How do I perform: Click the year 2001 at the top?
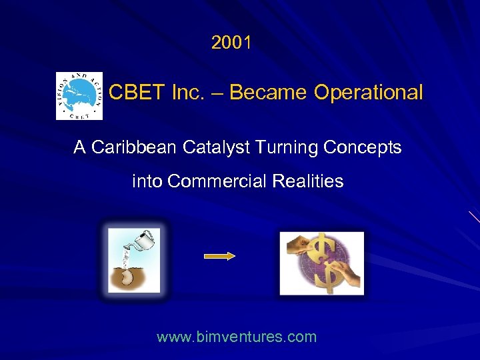pos(231,43)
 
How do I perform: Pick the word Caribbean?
pos(129,147)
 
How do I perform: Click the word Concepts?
pos(363,147)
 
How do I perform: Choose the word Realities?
pos(311,181)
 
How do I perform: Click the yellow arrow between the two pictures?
pos(219,256)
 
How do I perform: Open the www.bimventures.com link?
pos(237,337)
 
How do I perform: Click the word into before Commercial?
pos(147,181)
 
